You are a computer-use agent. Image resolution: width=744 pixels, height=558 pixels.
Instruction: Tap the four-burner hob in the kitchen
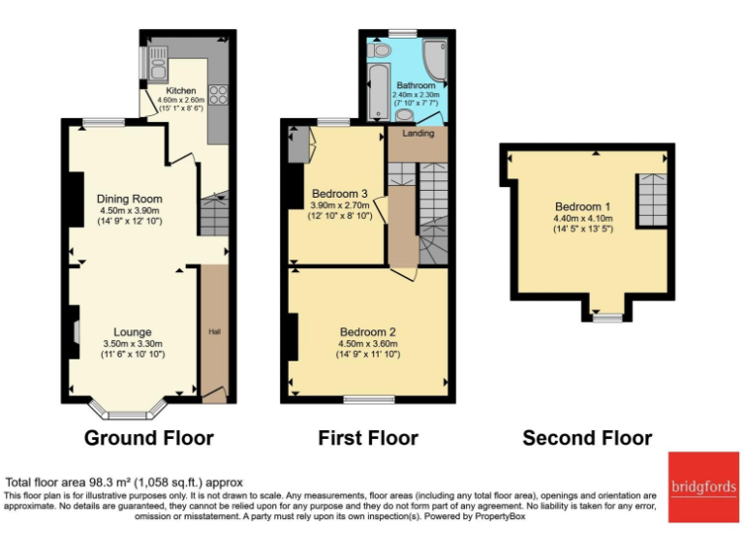click(x=218, y=94)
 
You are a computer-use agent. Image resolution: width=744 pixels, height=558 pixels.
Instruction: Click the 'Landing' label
click(x=418, y=135)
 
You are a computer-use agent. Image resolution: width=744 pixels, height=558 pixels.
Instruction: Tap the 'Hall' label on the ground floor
click(x=214, y=332)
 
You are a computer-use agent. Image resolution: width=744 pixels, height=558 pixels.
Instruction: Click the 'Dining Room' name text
click(x=128, y=199)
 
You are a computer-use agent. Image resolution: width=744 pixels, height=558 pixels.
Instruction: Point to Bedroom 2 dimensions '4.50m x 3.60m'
click(x=367, y=343)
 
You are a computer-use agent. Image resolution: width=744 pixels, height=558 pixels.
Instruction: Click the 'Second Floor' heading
click(x=587, y=438)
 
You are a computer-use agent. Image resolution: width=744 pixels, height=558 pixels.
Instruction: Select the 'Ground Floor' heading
click(x=149, y=438)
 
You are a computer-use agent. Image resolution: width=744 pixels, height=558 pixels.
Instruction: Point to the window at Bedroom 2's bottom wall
click(x=368, y=399)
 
